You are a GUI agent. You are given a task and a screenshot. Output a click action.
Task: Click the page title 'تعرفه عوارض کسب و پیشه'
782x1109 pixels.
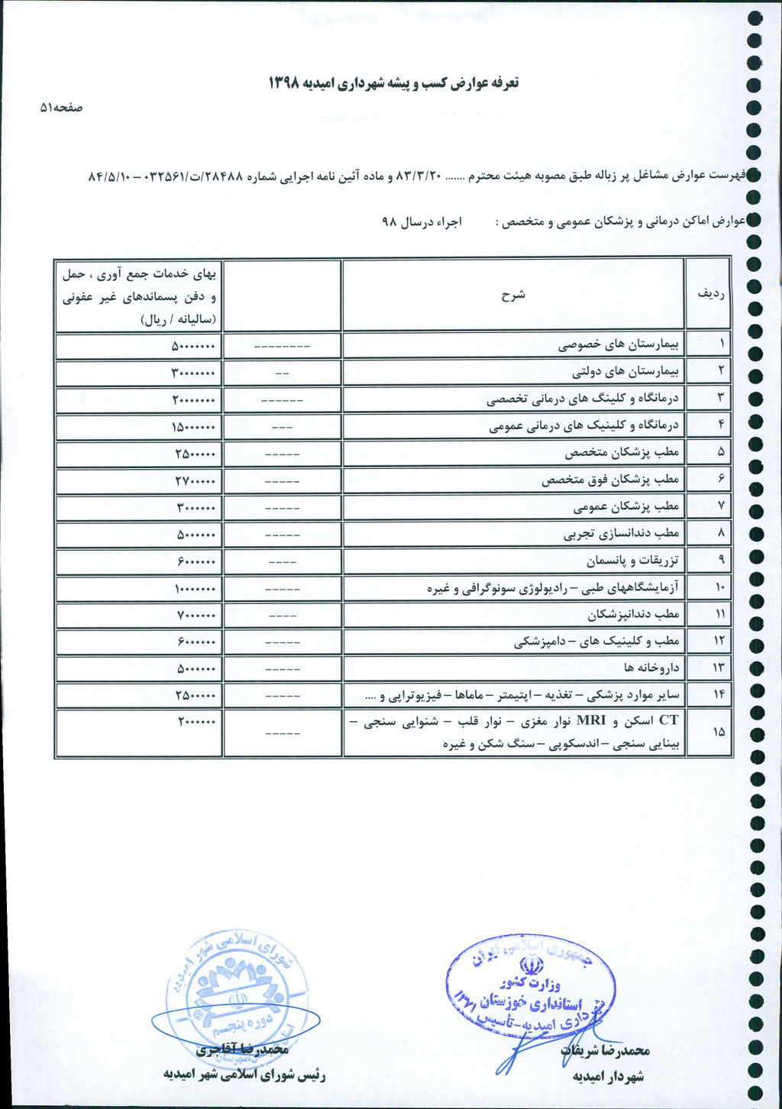pyautogui.click(x=393, y=82)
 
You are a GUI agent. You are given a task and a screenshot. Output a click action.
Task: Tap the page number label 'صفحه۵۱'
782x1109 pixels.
pyautogui.click(x=61, y=108)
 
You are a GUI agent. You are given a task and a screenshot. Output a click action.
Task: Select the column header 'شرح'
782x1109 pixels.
pyautogui.click(x=513, y=295)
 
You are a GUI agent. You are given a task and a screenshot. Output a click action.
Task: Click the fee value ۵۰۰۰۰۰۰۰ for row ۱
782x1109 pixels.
pyautogui.click(x=193, y=346)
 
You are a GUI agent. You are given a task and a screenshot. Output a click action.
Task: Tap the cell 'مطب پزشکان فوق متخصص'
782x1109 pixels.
pyautogui.click(x=610, y=480)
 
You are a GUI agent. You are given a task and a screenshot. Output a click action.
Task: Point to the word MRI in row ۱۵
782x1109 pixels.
pyautogui.click(x=590, y=720)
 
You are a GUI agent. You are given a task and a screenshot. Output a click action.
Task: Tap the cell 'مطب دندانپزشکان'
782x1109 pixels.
pyautogui.click(x=633, y=614)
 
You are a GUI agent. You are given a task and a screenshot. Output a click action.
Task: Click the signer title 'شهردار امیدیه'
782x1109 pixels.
pyautogui.click(x=608, y=1076)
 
